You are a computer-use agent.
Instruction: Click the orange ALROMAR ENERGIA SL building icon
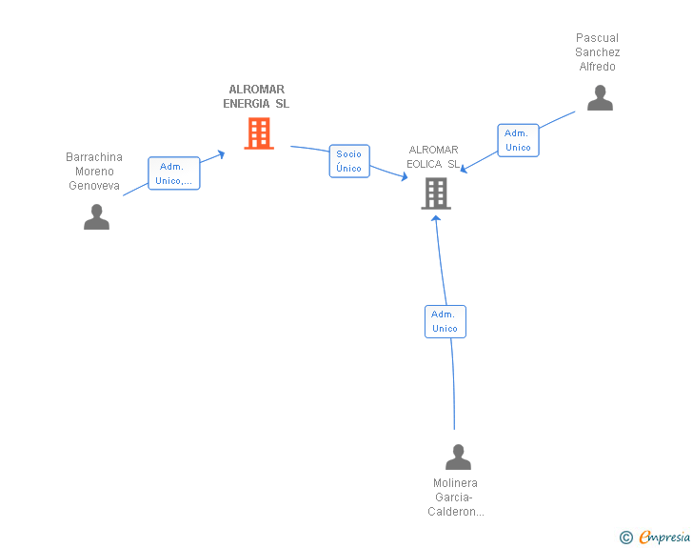tap(259, 133)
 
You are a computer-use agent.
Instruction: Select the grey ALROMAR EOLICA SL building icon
tap(435, 193)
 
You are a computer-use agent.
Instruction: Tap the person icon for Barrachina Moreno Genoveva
tap(96, 217)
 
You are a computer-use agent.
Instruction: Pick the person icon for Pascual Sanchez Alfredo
tap(600, 98)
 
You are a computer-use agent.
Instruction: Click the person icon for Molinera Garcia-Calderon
tap(458, 457)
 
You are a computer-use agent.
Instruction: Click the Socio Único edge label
tap(349, 161)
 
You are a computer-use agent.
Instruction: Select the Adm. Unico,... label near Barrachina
tap(174, 173)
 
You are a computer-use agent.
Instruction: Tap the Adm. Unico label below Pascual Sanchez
tap(518, 140)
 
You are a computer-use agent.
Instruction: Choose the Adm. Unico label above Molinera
tap(445, 321)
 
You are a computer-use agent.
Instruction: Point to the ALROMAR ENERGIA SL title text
tap(256, 96)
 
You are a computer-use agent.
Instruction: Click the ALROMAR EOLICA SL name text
tap(433, 156)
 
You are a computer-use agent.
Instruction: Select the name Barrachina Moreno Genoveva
tap(94, 172)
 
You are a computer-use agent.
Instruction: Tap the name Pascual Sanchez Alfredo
tap(598, 52)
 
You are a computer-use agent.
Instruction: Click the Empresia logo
tap(664, 538)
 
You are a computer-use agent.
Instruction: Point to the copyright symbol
tap(626, 538)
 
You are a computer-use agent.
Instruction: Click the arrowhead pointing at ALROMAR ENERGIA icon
tap(221, 152)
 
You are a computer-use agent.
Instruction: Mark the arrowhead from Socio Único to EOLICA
tap(404, 176)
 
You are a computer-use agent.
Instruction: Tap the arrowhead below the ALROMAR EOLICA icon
tap(436, 218)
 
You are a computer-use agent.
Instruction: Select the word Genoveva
tap(94, 186)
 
